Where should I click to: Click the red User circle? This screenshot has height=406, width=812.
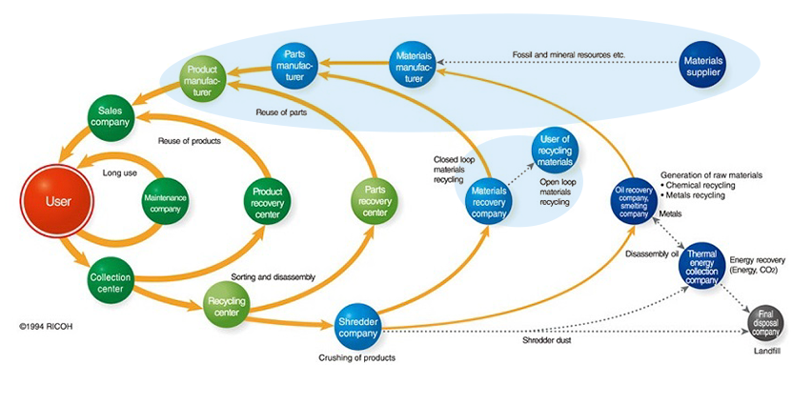coord(59,202)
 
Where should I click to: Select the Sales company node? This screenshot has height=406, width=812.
coord(111,118)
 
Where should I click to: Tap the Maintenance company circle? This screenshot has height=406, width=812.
coord(166,202)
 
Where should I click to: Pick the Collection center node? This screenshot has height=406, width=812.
coord(111,283)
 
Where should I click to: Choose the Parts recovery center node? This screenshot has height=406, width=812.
coord(376,200)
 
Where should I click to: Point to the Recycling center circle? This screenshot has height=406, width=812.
coord(227,307)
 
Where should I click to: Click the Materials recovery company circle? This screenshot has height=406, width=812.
coord(490,201)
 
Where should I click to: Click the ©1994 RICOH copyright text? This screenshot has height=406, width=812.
coord(45,326)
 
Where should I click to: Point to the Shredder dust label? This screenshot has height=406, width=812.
coord(548,340)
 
